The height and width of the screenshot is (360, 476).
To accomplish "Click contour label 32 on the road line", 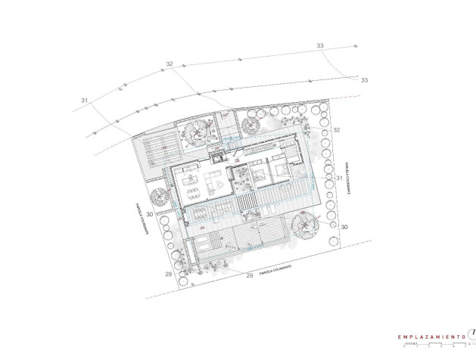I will pos(169,64).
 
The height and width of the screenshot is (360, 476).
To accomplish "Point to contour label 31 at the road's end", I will pos(84,100).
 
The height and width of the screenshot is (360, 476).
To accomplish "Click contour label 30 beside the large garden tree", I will pos(344,227).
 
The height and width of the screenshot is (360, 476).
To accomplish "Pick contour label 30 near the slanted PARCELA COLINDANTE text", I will pos(150,215).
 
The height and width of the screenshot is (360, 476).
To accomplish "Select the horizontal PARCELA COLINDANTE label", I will pos(275,269).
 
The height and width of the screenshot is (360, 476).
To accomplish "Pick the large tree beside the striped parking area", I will pos(196,132).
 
